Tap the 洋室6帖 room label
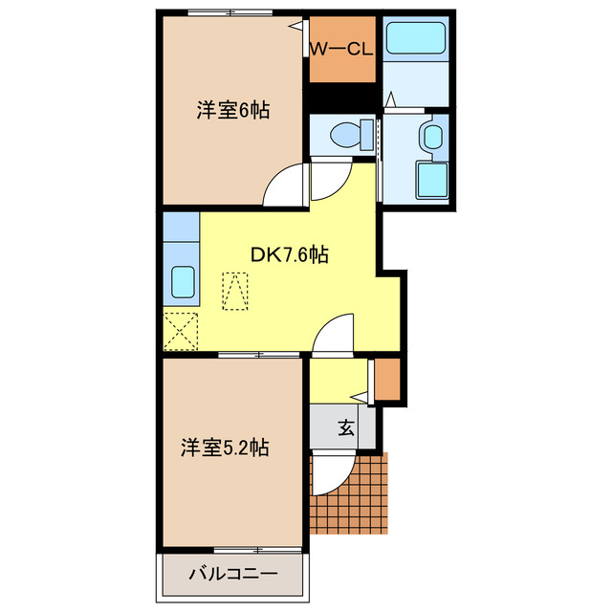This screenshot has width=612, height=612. pyautogui.click(x=233, y=110)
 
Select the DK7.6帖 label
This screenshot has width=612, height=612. pyautogui.click(x=290, y=254)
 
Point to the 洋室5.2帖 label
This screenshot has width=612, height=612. pyautogui.click(x=225, y=447)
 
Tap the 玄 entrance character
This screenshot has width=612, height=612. pyautogui.click(x=344, y=428)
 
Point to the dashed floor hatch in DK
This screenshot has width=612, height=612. pyautogui.click(x=234, y=291)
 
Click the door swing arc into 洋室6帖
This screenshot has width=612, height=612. pyautogui.click(x=284, y=185)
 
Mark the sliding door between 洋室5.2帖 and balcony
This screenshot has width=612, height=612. pyautogui.click(x=233, y=550)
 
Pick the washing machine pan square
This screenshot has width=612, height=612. pyautogui.click(x=431, y=179)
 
